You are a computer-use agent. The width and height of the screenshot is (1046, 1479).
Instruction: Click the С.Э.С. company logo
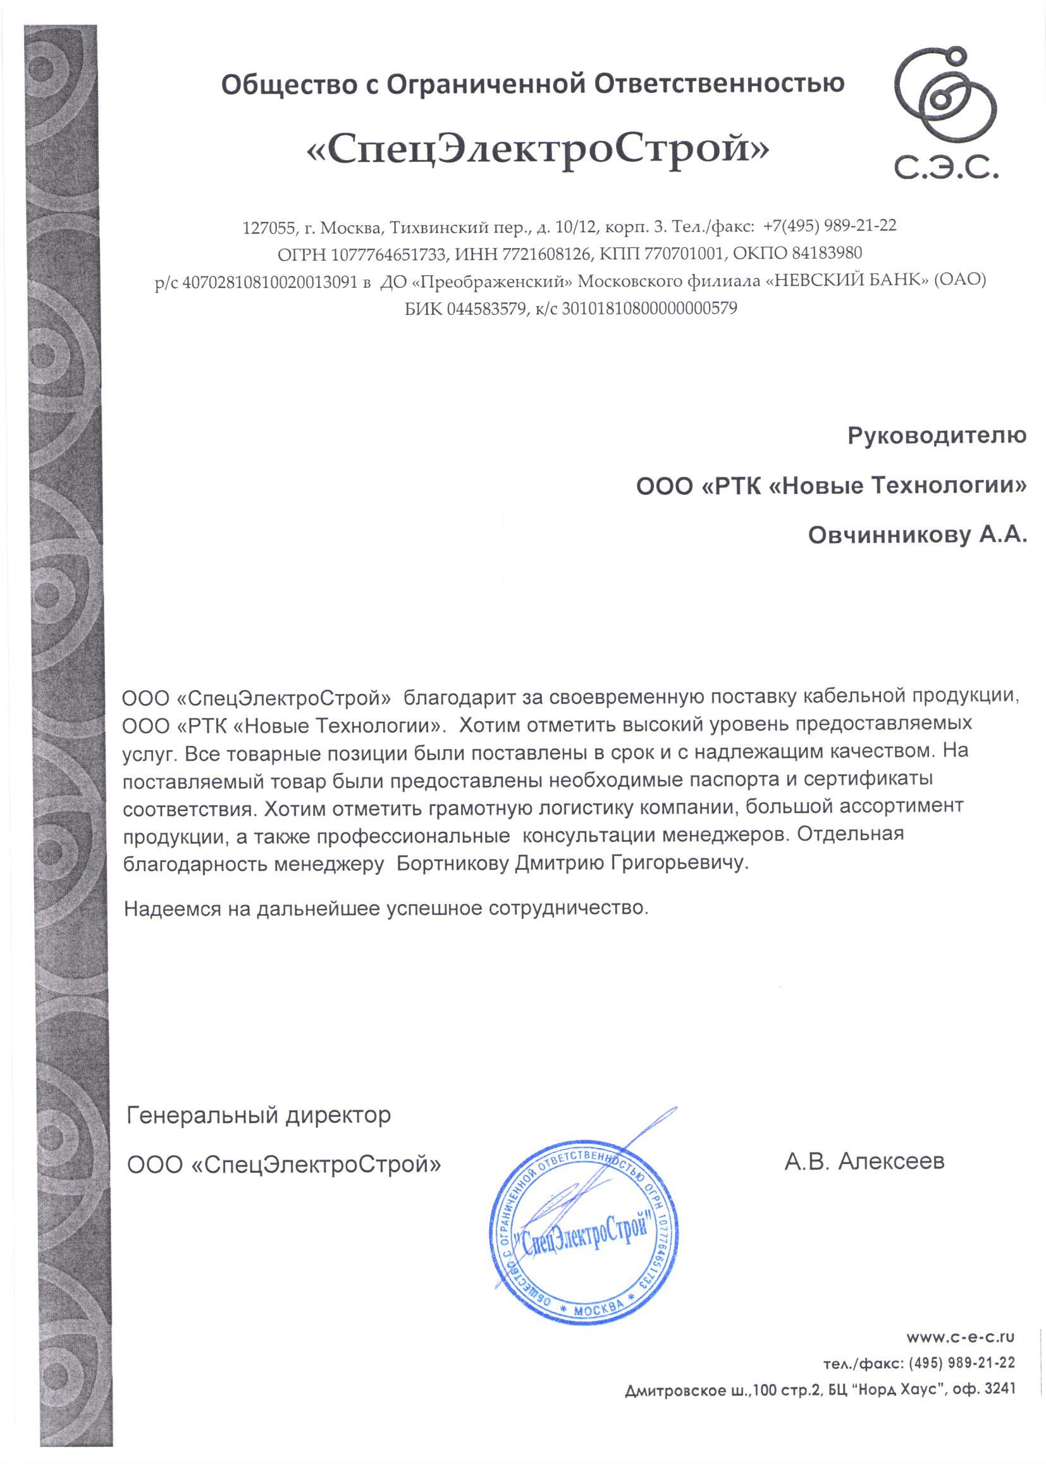pos(945,116)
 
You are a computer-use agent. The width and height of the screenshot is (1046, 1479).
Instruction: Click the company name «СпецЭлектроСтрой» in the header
pos(538,152)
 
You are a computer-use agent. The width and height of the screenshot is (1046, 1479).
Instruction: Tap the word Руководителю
pos(937,436)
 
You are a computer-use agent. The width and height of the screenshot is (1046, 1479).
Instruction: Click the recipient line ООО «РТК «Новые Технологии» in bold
pos(831,486)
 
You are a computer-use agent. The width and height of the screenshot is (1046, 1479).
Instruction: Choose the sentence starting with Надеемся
pos(386,909)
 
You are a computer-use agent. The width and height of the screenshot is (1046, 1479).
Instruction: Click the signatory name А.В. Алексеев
pos(864,1161)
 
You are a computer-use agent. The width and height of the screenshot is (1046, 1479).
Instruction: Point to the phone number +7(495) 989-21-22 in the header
pos(830,226)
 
